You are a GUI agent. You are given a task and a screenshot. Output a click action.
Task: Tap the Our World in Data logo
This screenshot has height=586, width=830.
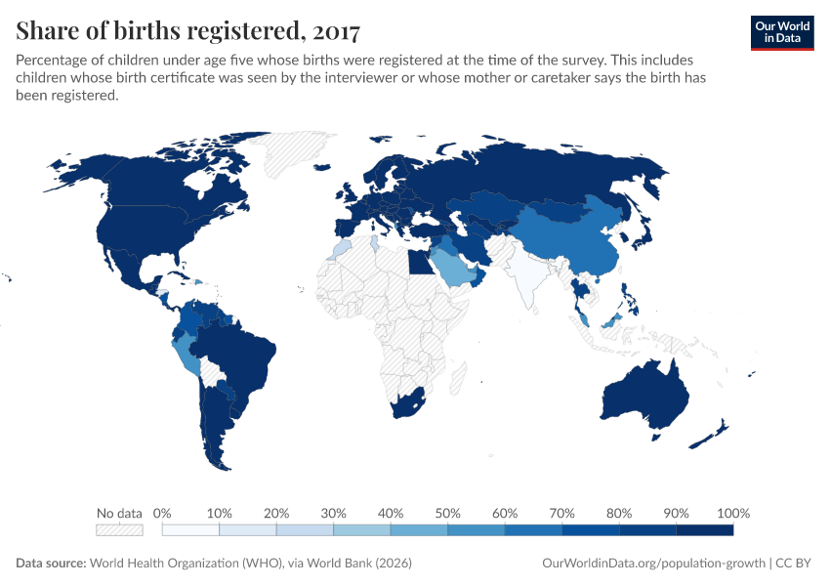(x=781, y=31)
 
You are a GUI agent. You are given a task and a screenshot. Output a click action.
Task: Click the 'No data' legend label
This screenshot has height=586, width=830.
(x=119, y=513)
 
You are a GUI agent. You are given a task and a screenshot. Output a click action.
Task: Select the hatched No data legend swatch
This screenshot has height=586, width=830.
(x=119, y=530)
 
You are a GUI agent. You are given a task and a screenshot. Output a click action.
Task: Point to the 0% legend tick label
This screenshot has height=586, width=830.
(x=163, y=513)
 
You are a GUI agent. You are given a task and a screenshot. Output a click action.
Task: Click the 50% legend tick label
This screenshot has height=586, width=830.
(x=447, y=513)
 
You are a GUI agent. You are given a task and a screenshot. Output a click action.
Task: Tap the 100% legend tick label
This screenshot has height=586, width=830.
(x=732, y=513)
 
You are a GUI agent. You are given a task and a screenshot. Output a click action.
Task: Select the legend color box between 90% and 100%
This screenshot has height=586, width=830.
(x=704, y=530)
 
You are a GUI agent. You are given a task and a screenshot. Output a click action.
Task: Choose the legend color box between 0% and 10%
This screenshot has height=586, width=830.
(x=190, y=530)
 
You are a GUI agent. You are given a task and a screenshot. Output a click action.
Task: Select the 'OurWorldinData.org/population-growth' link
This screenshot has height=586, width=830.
(x=652, y=564)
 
